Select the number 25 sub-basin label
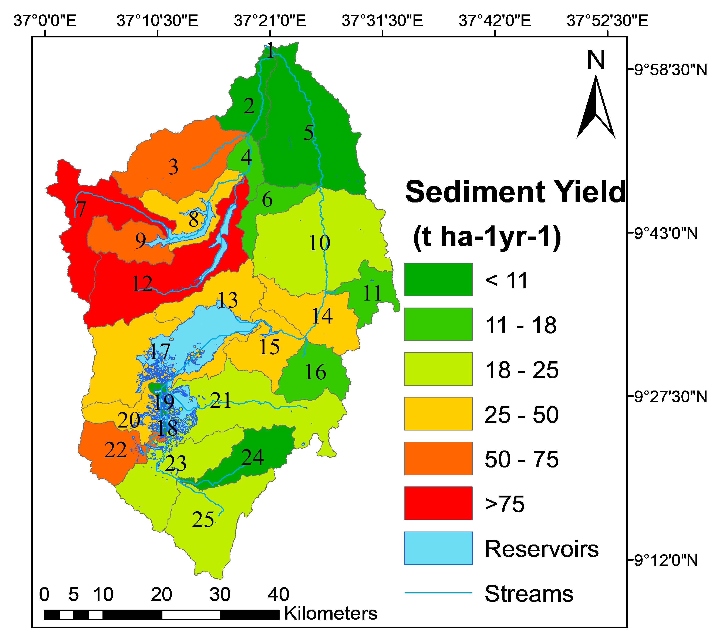pyautogui.click(x=203, y=520)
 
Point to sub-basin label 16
pyautogui.click(x=315, y=372)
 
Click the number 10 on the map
pyautogui.click(x=319, y=243)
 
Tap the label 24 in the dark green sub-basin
pyautogui.click(x=252, y=457)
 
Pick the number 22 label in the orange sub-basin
pyautogui.click(x=115, y=450)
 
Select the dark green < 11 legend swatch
pyautogui.click(x=438, y=279)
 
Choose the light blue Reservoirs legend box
pyautogui.click(x=438, y=548)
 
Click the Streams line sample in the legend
pyautogui.click(x=438, y=593)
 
